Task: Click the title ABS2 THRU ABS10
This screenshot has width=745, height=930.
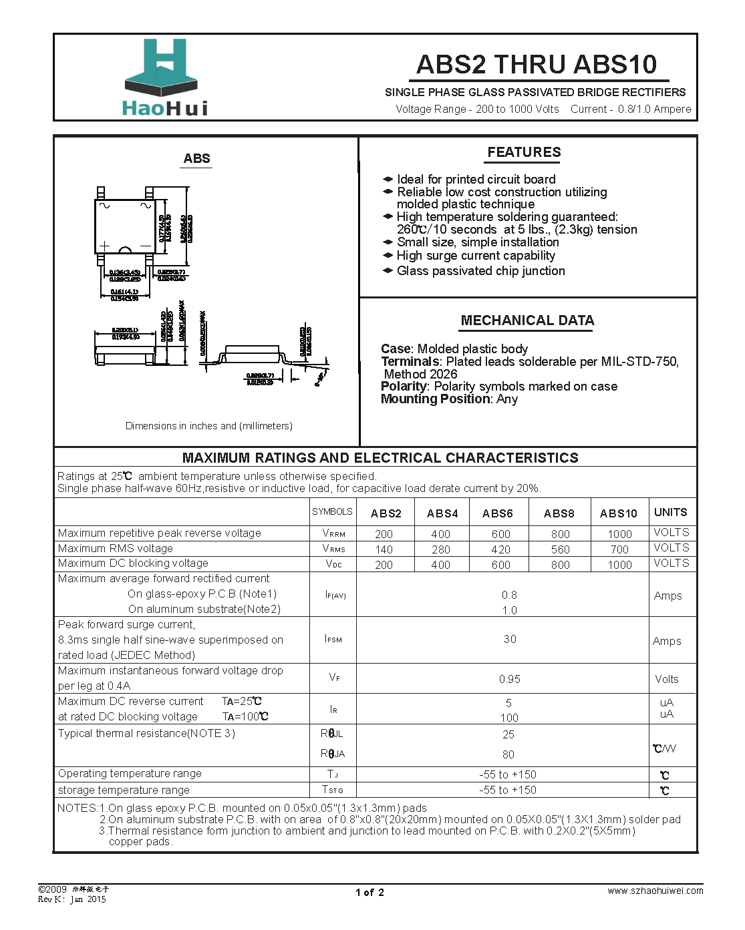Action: click(x=537, y=64)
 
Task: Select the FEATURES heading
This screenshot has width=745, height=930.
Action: click(x=524, y=152)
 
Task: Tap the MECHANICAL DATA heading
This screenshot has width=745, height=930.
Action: click(x=527, y=320)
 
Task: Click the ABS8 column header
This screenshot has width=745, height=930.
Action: click(x=559, y=513)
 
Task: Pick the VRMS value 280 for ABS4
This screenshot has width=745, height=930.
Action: click(x=441, y=549)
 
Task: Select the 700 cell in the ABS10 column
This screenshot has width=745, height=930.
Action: click(x=619, y=549)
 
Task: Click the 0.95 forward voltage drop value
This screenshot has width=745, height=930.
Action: click(x=509, y=679)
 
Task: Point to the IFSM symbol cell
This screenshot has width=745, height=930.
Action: click(x=333, y=640)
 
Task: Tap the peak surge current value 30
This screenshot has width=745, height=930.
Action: click(x=510, y=639)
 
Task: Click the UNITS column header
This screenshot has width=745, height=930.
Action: click(x=670, y=512)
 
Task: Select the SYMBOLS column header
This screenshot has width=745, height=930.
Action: click(x=332, y=512)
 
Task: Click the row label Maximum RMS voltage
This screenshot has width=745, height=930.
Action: click(x=116, y=548)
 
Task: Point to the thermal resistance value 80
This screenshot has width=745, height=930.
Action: click(x=508, y=754)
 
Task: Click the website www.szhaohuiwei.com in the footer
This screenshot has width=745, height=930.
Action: click(x=655, y=891)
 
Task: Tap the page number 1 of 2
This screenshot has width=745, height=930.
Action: click(x=369, y=893)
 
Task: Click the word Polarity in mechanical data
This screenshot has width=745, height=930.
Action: click(x=404, y=387)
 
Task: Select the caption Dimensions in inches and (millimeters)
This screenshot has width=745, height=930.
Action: click(x=208, y=426)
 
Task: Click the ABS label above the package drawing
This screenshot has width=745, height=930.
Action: click(x=196, y=158)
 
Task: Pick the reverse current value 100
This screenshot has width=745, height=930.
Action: click(x=509, y=718)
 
